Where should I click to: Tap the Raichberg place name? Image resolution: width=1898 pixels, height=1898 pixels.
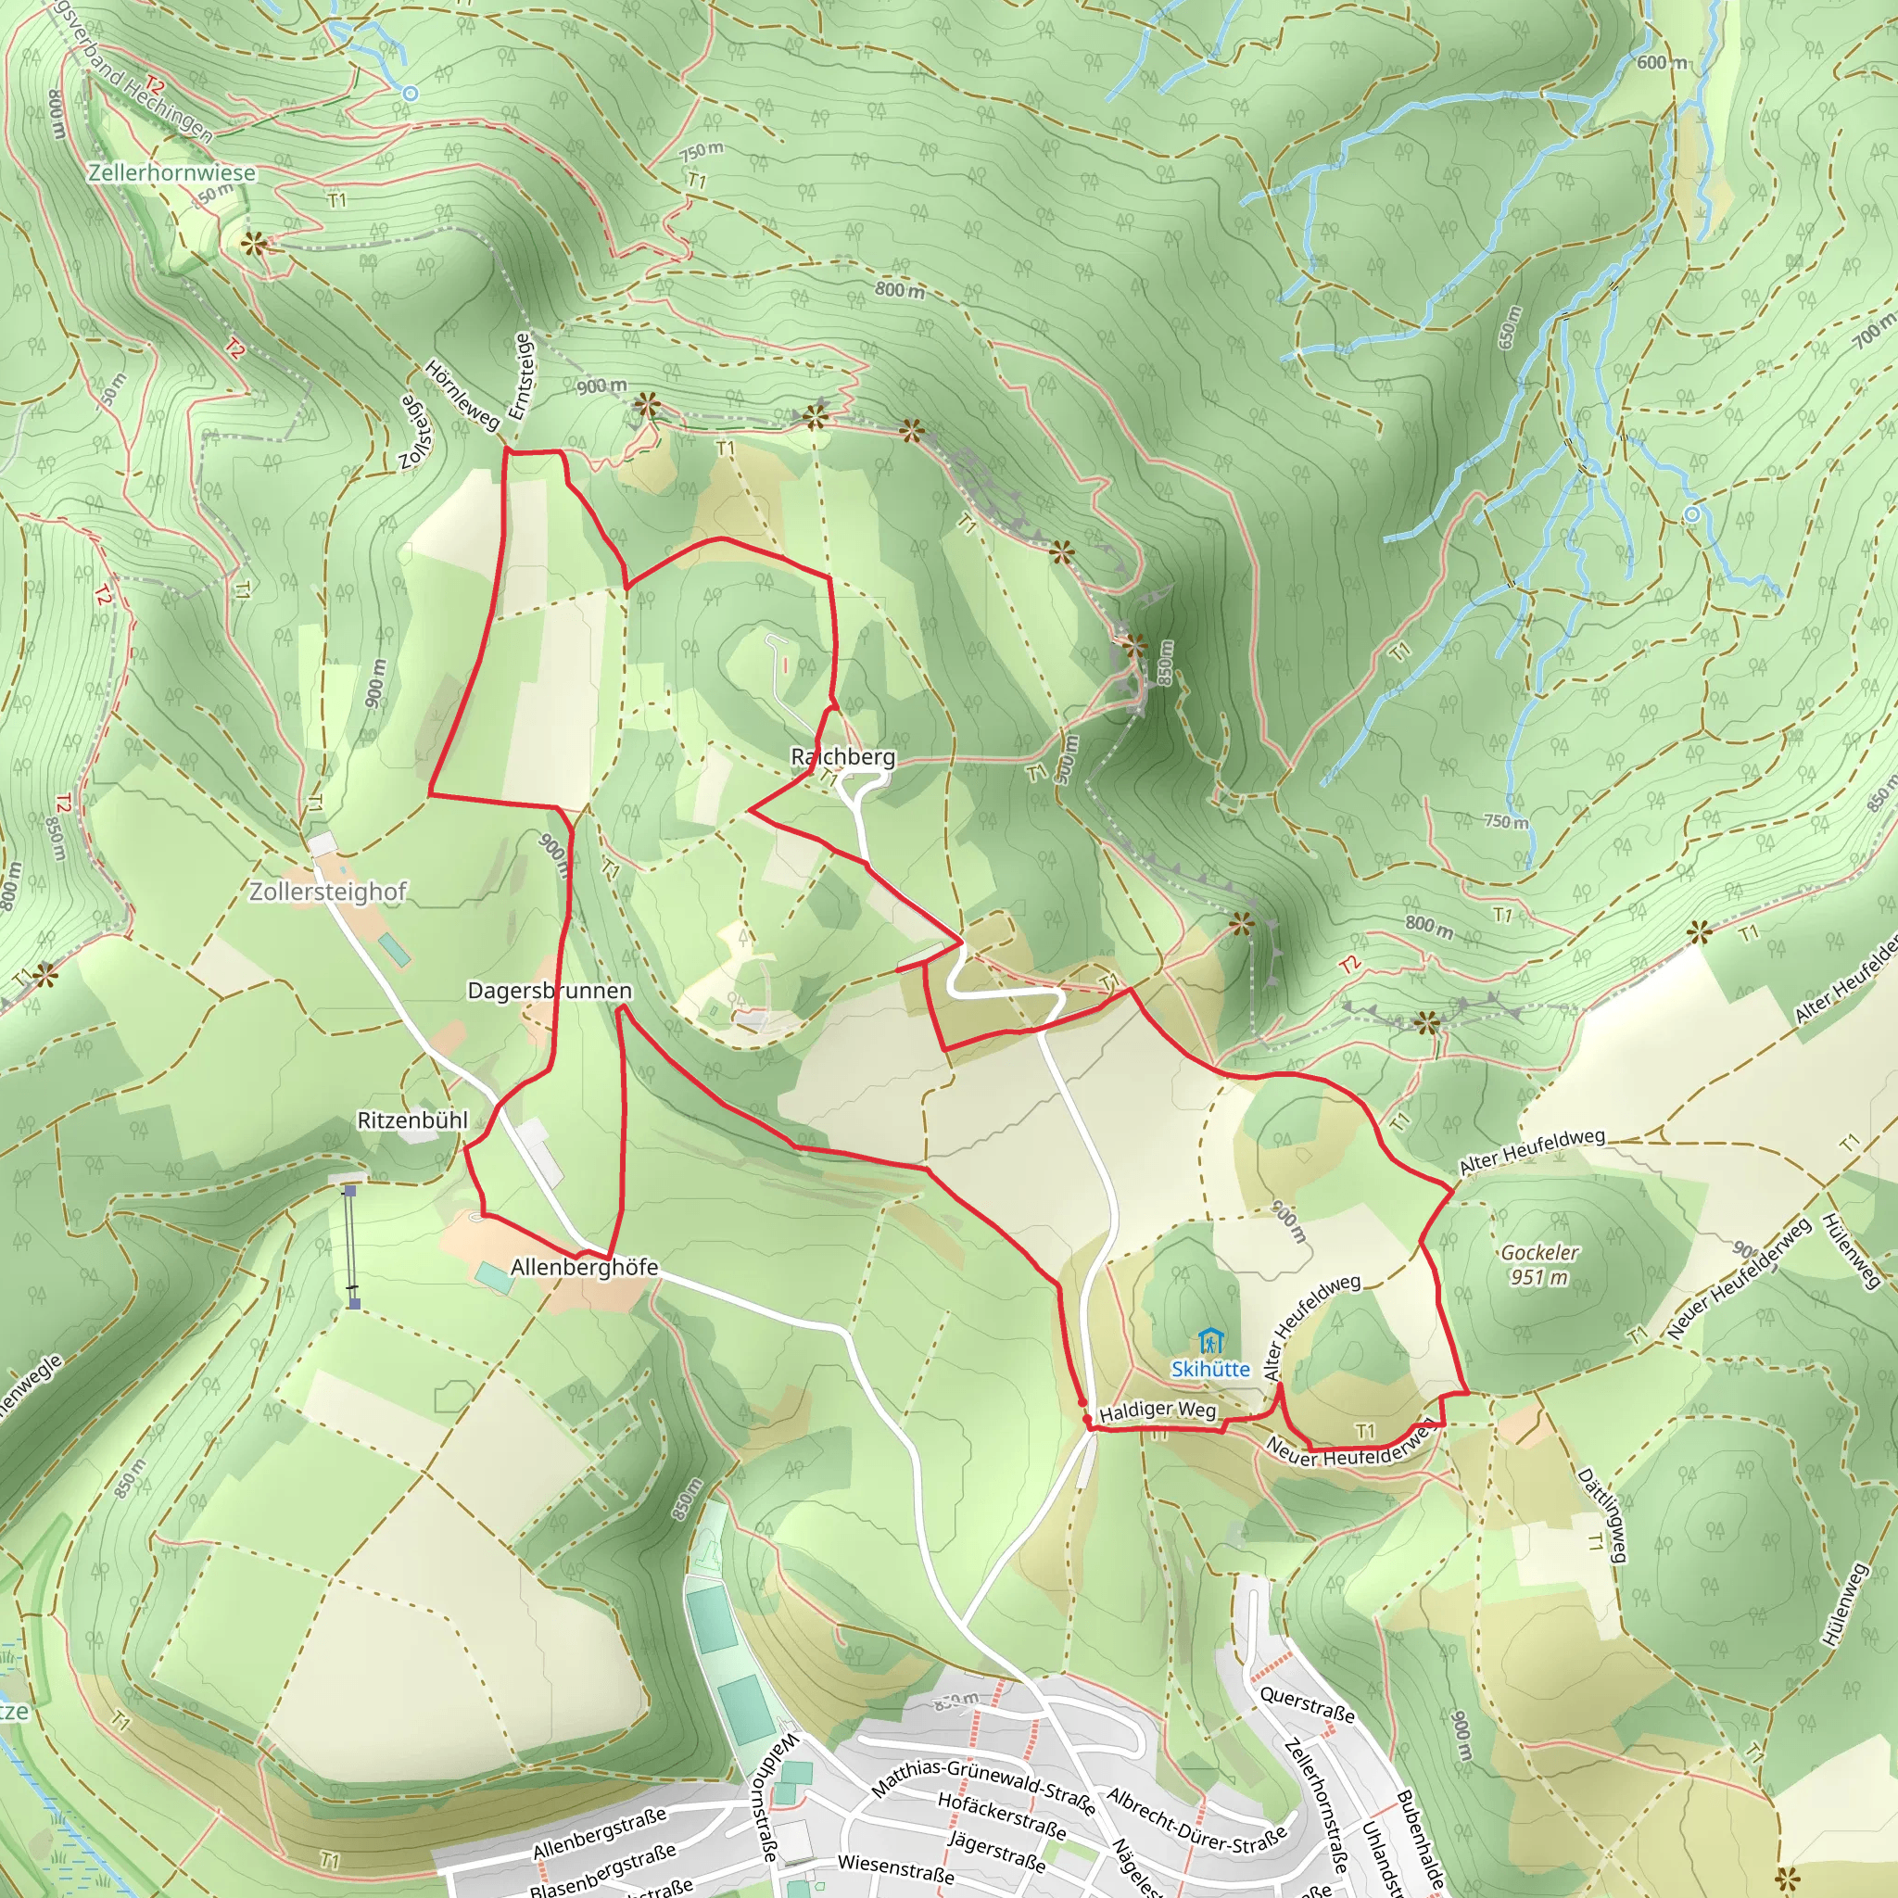point(843,756)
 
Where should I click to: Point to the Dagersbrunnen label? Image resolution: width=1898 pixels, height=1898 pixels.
point(550,991)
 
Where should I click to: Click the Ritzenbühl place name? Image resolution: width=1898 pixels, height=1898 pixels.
point(411,1120)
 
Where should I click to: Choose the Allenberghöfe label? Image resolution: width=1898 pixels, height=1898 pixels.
point(584,1267)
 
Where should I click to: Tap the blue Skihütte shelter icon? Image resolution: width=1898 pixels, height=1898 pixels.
point(1210,1340)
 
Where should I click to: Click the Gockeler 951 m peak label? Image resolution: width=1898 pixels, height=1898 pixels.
point(1539,1264)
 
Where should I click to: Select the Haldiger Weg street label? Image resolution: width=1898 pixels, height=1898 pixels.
point(1158,1411)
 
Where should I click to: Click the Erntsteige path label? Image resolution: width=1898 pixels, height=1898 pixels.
point(521,376)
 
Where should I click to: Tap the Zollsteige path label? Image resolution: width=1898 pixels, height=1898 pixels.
point(415,432)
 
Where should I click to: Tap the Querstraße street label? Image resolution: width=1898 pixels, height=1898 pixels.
point(1307,1704)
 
